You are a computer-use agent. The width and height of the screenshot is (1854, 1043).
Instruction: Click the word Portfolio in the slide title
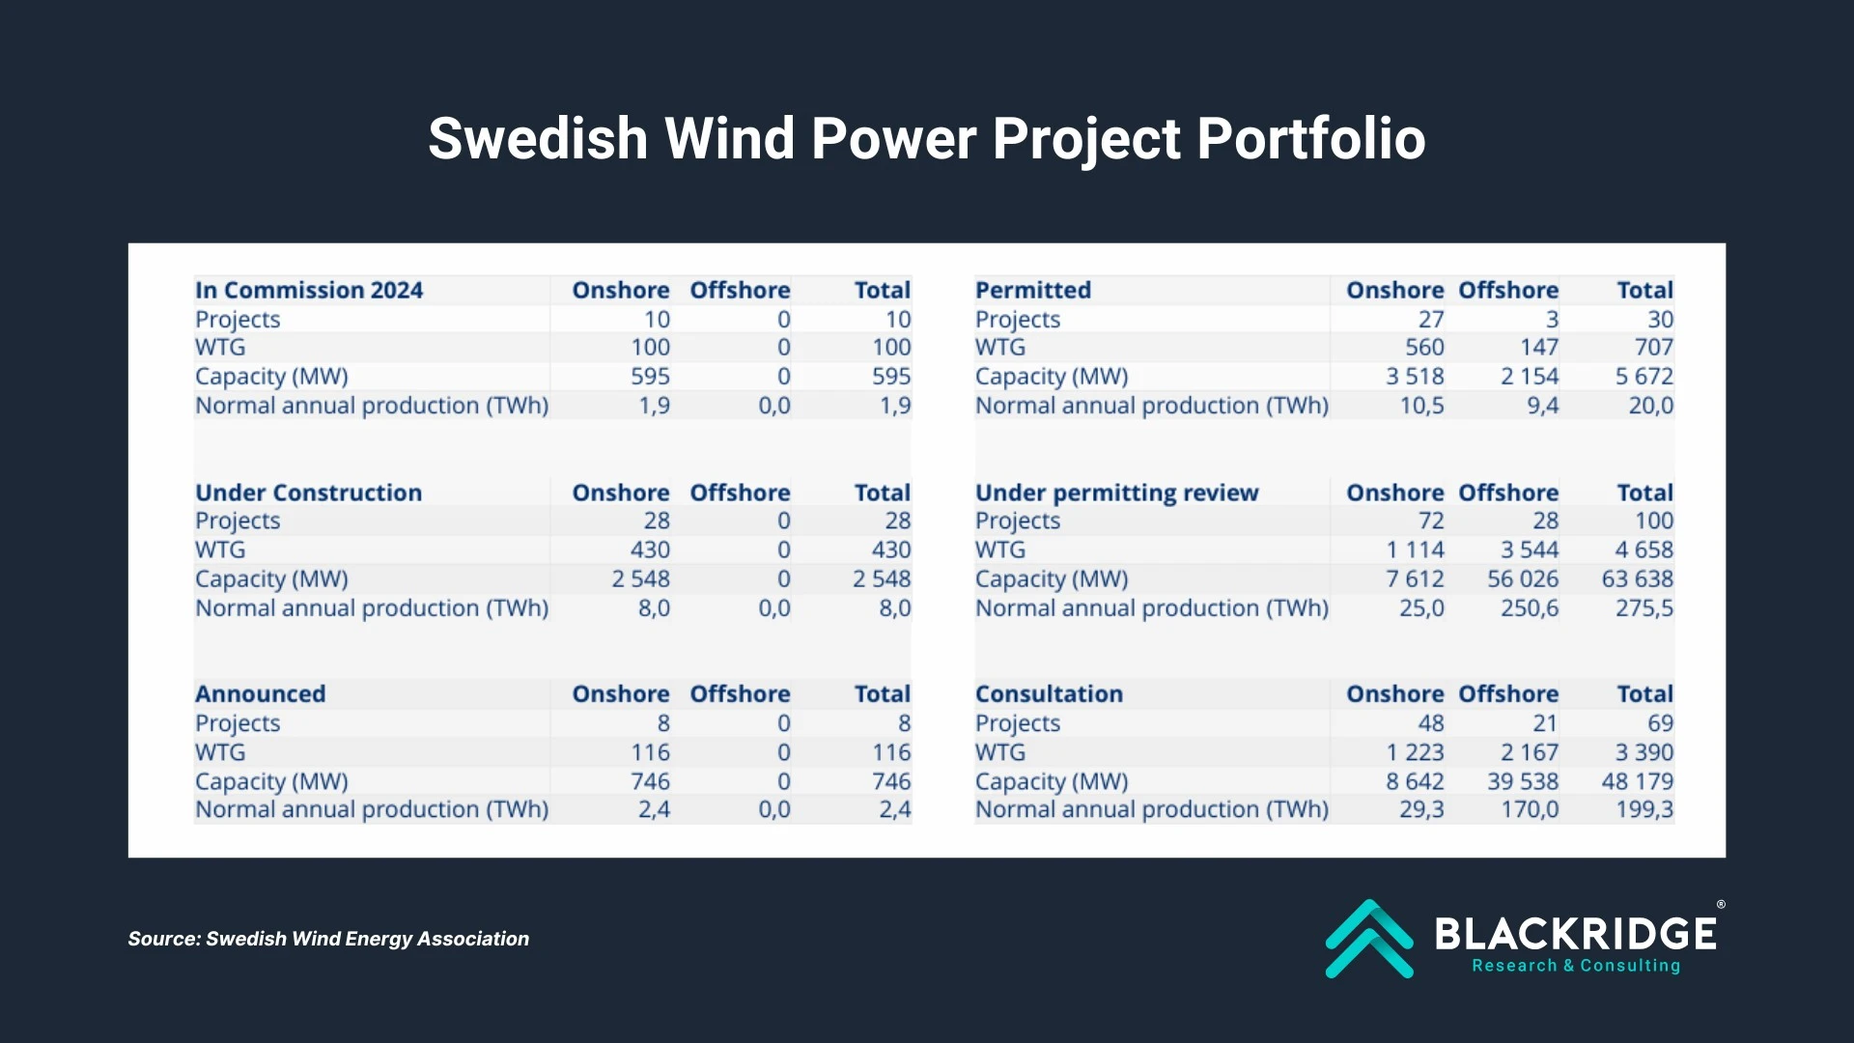1310,138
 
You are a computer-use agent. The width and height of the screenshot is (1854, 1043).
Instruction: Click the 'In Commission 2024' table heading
309,290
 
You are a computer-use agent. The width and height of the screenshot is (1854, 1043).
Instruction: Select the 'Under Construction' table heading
308,493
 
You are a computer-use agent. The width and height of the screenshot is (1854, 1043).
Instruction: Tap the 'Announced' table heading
260,693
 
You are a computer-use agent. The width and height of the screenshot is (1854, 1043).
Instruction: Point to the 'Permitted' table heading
1032,290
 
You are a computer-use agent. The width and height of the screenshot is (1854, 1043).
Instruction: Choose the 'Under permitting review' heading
1116,493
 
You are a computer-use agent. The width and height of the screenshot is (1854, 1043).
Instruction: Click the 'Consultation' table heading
1049,693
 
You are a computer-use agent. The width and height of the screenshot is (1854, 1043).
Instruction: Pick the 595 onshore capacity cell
650,376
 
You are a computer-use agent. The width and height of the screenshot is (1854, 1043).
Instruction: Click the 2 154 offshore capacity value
1529,376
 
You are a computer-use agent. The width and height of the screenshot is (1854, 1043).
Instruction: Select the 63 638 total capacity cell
1637,578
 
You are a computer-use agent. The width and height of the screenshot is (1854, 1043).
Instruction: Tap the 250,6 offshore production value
1529,607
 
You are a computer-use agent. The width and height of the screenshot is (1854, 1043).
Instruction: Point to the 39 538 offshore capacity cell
1522,780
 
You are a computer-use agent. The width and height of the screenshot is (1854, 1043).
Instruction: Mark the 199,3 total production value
1643,809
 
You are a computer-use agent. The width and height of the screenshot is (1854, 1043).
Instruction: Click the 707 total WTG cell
1653,347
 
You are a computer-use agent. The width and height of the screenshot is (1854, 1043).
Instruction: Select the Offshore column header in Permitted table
1507,290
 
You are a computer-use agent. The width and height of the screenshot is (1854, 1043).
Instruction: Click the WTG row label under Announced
220,751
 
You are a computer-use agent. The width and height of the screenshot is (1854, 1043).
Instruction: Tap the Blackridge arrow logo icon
1368,939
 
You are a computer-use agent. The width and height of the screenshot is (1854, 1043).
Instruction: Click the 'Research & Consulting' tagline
1575,966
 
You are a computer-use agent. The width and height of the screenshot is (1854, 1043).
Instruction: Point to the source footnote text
328,939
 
